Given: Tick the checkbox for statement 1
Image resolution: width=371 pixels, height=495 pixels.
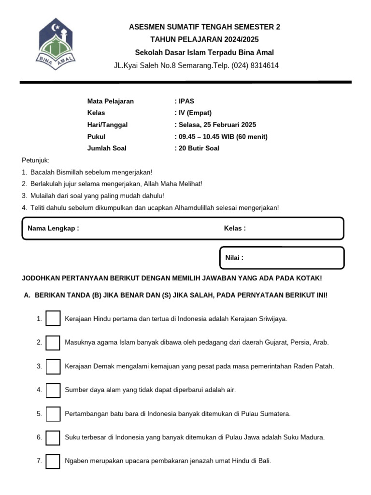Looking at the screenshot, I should [x=53, y=319].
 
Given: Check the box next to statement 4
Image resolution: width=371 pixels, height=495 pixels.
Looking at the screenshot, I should [x=53, y=390].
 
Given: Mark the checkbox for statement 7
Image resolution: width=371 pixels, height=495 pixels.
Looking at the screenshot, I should [x=53, y=461].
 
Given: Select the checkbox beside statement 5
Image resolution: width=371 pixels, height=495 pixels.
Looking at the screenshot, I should [x=53, y=414].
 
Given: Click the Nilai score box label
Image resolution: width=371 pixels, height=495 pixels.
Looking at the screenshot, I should [x=234, y=258].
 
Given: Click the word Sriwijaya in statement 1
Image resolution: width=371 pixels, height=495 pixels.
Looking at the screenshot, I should [x=272, y=319].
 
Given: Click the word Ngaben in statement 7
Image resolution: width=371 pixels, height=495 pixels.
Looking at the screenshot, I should [x=75, y=461].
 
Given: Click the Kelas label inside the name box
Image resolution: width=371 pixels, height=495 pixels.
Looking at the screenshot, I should [x=235, y=229].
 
